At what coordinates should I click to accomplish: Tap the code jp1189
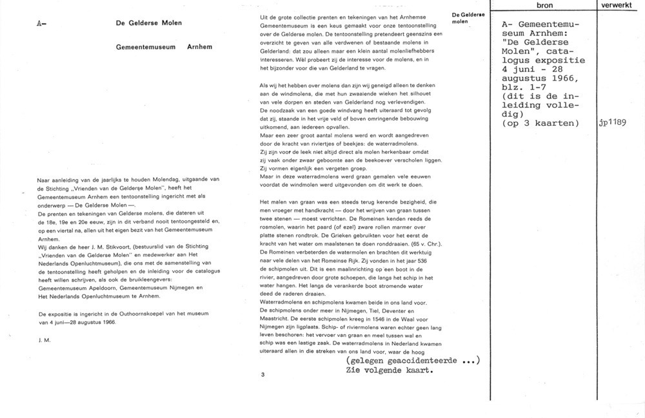(x=613, y=124)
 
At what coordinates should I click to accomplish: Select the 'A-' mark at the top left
(x=42, y=23)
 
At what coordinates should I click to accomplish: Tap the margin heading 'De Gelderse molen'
(x=464, y=17)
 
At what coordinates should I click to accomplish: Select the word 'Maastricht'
(x=275, y=318)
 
